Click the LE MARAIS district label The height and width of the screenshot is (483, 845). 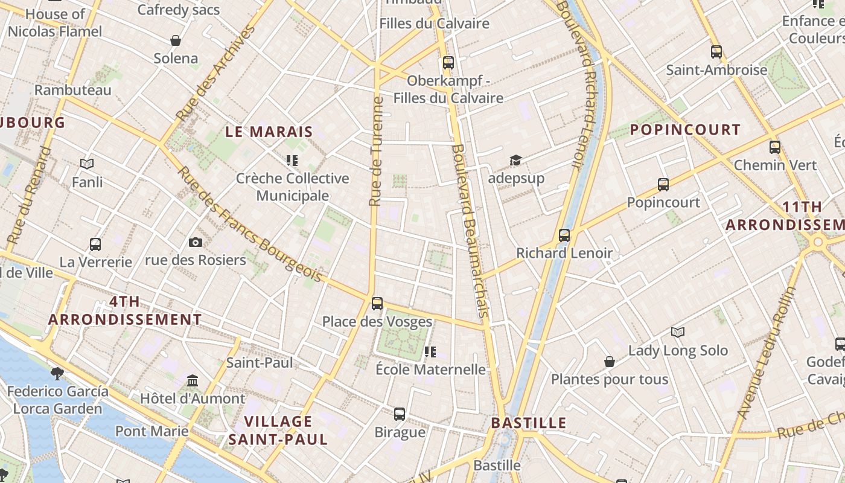(269, 132)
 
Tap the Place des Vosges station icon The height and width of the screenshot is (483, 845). (377, 303)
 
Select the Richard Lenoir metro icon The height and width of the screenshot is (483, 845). (564, 235)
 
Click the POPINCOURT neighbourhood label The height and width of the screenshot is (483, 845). (685, 130)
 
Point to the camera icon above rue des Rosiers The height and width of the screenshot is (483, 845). (195, 242)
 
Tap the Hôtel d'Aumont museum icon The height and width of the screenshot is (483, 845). (193, 381)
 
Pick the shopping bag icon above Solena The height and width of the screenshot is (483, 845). (176, 40)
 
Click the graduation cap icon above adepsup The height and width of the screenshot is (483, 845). (515, 160)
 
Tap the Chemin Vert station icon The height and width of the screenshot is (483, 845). (775, 147)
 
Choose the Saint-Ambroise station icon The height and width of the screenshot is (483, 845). (716, 52)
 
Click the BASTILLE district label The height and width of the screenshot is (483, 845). (529, 423)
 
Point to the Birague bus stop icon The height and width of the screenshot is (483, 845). (400, 414)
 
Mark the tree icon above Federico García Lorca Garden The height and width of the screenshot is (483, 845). (57, 373)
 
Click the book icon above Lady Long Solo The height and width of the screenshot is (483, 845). (678, 332)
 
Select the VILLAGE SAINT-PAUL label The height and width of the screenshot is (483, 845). (278, 430)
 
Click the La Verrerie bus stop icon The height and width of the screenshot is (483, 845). (95, 245)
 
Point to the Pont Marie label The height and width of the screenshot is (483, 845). (152, 431)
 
